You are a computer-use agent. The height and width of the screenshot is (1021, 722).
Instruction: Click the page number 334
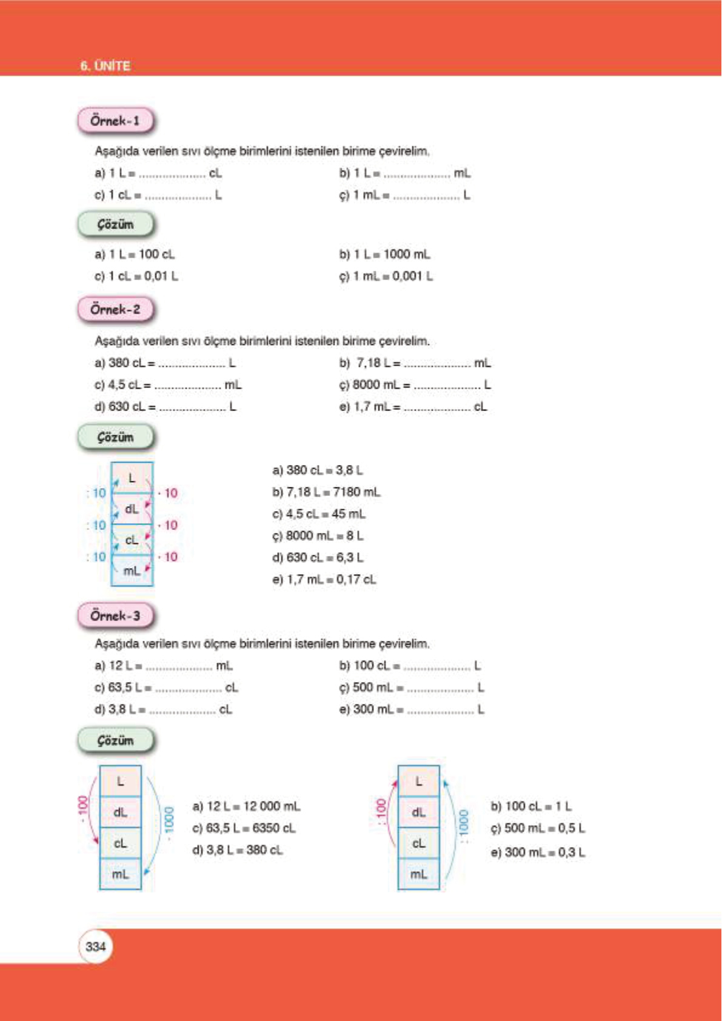96,946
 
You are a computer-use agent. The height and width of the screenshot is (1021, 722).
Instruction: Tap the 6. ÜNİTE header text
105,66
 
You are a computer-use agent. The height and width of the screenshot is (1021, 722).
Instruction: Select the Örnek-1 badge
115,121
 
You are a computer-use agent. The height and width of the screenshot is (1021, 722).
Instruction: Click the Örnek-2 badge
115,309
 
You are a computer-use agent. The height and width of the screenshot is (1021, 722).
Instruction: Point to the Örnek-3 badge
115,616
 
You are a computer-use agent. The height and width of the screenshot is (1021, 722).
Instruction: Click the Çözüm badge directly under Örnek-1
115,225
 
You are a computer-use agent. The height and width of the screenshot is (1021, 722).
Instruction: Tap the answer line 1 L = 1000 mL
384,255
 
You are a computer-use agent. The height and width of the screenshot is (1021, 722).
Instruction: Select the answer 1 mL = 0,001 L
386,276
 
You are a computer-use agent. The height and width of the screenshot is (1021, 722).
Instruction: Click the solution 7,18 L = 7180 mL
327,492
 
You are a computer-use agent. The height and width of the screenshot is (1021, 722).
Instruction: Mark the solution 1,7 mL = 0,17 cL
324,580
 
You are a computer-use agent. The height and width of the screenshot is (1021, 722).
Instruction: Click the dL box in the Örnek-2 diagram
132,509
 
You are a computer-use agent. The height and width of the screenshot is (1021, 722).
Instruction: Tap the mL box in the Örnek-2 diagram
132,571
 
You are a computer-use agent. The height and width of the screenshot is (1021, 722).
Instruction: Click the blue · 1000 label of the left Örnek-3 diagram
169,819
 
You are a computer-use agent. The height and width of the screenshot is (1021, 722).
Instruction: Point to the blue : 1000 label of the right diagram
464,822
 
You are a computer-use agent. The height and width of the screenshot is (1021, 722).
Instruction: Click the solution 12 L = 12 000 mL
246,806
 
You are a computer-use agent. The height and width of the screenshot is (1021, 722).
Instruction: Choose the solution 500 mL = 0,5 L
538,828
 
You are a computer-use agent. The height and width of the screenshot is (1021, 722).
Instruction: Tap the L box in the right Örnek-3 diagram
418,782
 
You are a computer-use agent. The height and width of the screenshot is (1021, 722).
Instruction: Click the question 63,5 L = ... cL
166,688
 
